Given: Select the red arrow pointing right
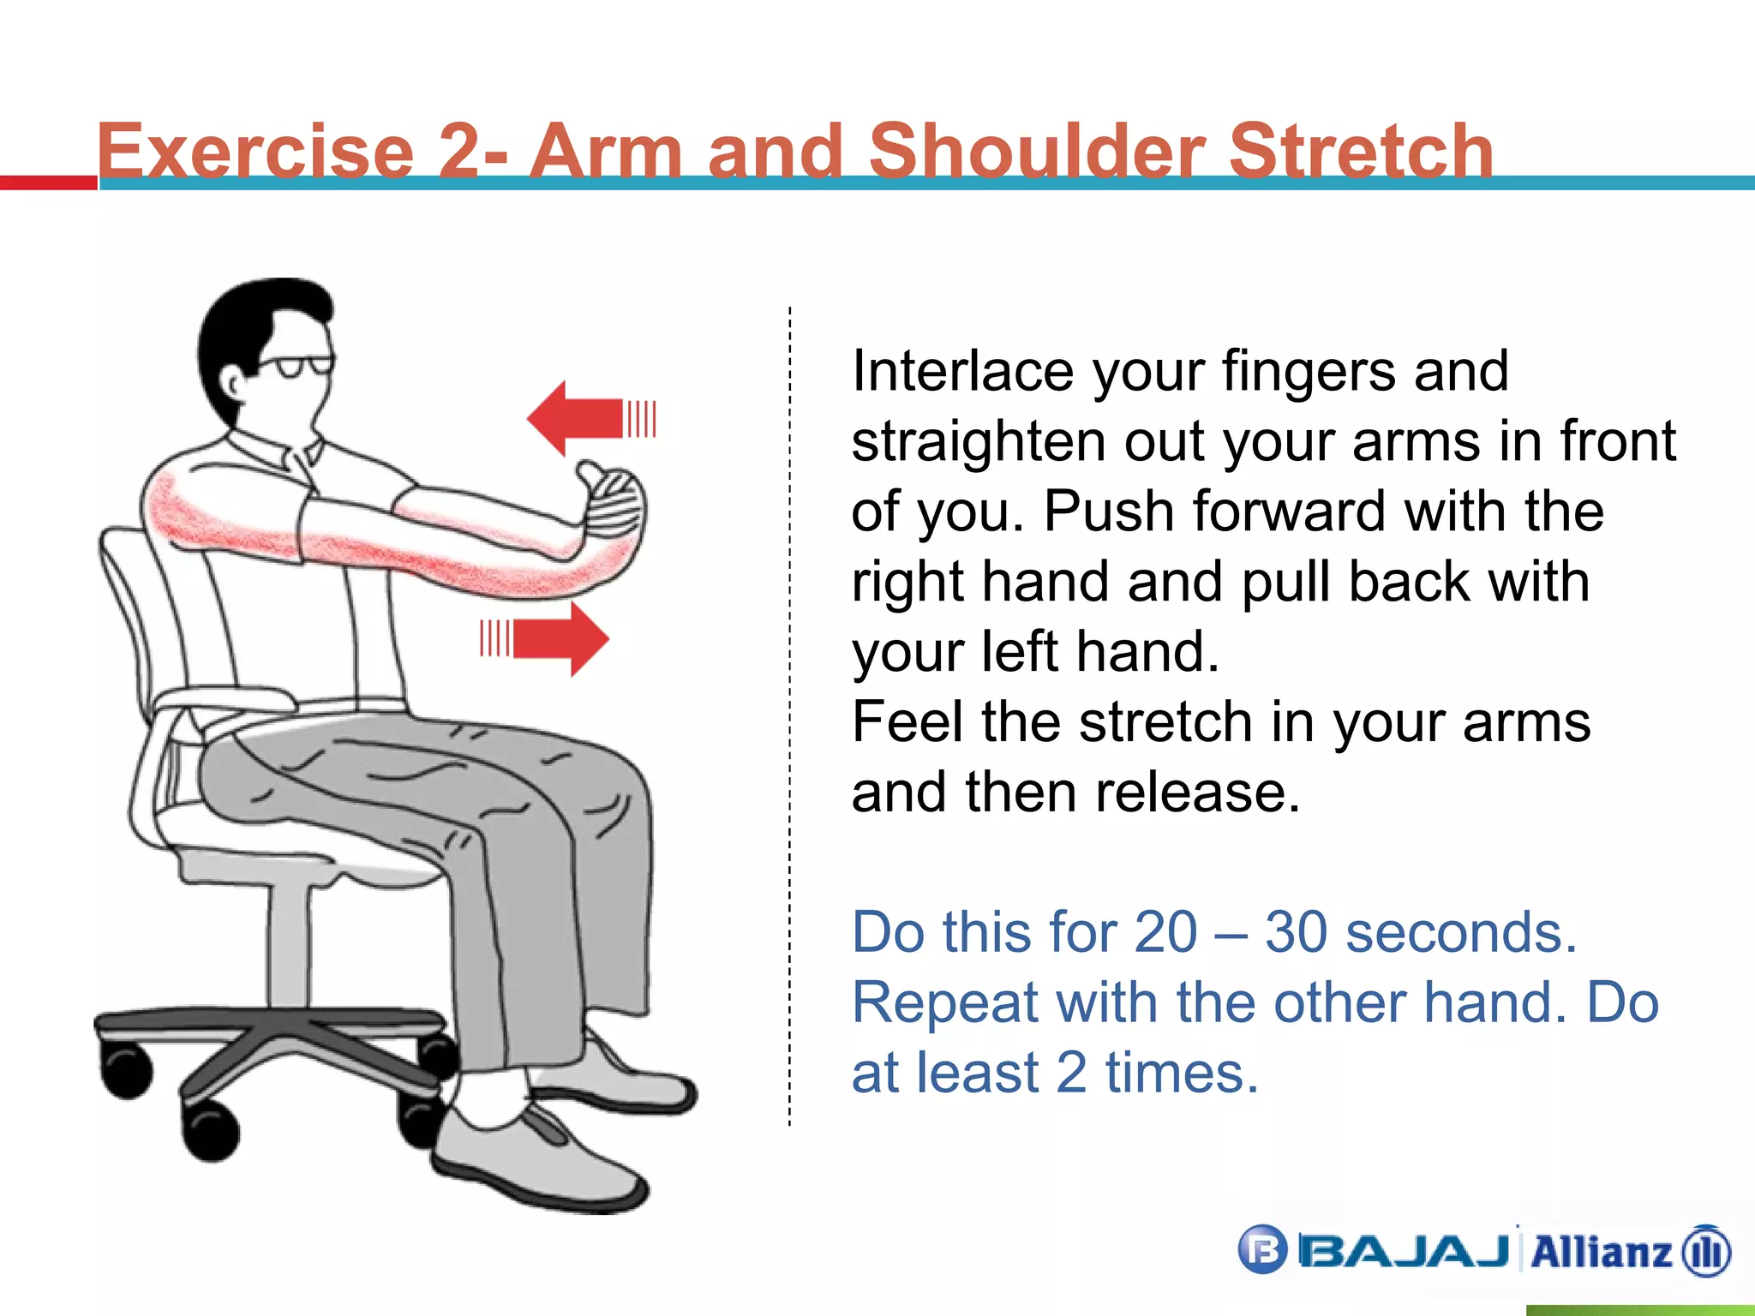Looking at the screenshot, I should point(557,638).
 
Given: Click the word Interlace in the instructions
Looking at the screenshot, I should point(962,372).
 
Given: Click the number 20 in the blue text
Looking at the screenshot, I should point(1165,932).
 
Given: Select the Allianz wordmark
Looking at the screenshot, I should point(1600,1252).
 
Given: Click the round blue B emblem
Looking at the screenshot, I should point(1262,1250).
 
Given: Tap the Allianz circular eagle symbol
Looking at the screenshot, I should point(1706,1252).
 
